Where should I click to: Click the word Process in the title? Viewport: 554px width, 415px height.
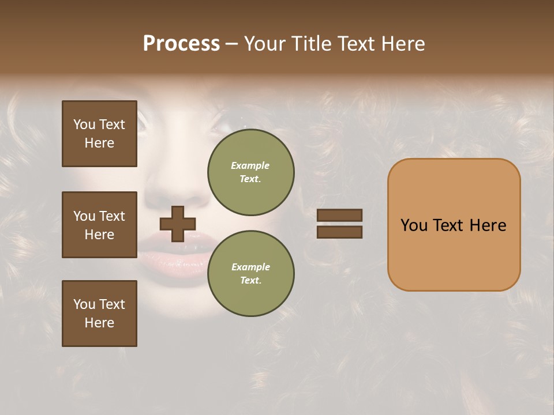[181, 44]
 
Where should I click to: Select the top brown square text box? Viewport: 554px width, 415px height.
[99, 134]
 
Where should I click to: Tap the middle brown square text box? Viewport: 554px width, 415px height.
[99, 225]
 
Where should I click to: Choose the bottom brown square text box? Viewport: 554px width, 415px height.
[99, 314]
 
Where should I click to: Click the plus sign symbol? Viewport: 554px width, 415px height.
[178, 224]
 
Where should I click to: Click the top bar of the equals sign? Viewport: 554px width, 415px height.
[340, 215]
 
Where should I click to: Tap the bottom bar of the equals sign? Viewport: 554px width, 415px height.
[340, 232]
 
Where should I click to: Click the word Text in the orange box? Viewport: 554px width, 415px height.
[448, 225]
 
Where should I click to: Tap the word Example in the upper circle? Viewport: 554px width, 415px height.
[250, 165]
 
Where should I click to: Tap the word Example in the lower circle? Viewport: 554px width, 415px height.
[250, 267]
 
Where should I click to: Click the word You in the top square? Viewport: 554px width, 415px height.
[84, 124]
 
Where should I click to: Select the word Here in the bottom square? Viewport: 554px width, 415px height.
[99, 323]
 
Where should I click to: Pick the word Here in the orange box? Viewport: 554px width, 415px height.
[488, 225]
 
